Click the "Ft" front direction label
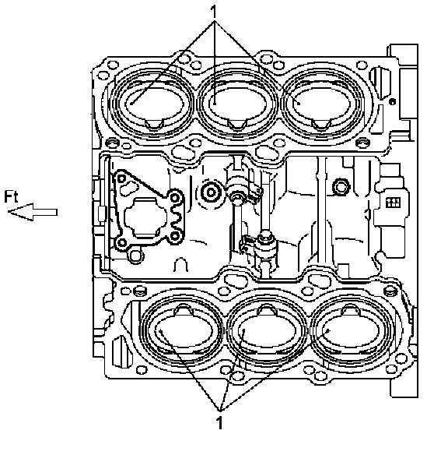tap(11, 196)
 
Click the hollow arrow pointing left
tap(33, 212)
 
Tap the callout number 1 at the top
tap(214, 12)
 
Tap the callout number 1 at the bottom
tap(220, 423)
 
